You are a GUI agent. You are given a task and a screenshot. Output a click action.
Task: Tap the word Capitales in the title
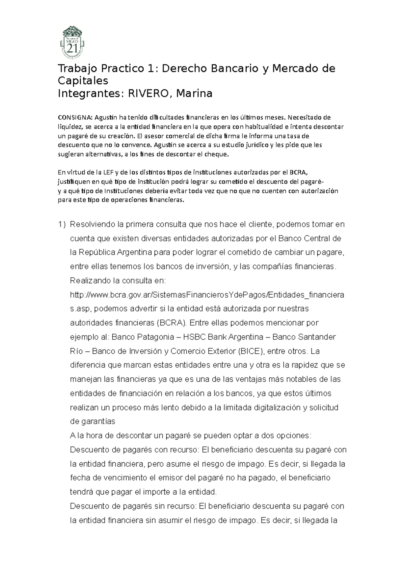(83, 81)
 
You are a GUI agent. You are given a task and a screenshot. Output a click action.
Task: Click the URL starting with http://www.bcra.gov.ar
(207, 295)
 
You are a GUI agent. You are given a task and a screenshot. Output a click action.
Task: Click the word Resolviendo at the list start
(90, 224)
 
